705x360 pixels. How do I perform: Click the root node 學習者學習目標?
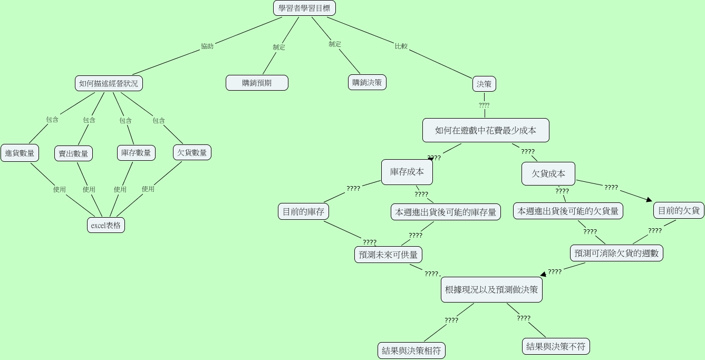click(x=305, y=8)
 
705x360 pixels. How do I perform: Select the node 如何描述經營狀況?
click(x=109, y=83)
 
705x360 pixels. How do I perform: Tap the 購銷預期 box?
click(x=257, y=83)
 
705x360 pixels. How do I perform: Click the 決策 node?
click(x=484, y=84)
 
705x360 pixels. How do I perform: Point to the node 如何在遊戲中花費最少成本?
click(x=486, y=130)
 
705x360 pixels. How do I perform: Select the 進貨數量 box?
click(x=20, y=153)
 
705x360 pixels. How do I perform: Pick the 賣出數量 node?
click(x=73, y=153)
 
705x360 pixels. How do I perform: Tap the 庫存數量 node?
click(x=136, y=153)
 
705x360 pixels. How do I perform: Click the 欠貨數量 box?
click(x=192, y=152)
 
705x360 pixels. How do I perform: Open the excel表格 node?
click(x=106, y=225)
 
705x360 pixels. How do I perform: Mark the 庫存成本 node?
click(x=407, y=172)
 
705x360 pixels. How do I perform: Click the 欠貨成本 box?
click(x=548, y=173)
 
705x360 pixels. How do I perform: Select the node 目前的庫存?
click(x=303, y=212)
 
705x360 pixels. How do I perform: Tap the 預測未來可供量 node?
click(x=388, y=255)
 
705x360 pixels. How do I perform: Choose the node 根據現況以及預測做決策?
click(x=491, y=289)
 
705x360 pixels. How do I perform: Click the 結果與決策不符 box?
click(x=556, y=346)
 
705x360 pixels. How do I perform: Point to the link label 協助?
click(x=207, y=46)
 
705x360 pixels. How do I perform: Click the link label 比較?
click(x=401, y=46)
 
